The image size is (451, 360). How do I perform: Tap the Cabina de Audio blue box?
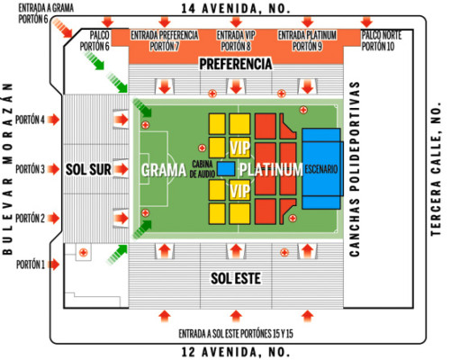point(226,168)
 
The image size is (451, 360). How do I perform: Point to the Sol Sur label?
point(87,169)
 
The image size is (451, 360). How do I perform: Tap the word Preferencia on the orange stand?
point(235,65)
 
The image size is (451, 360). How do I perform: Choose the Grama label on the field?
point(164,169)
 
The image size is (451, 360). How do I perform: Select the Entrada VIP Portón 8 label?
point(235,40)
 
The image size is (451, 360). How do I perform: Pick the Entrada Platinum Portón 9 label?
point(307,40)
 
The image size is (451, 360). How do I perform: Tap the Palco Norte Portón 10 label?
point(376,40)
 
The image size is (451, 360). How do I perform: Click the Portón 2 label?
point(30,218)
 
